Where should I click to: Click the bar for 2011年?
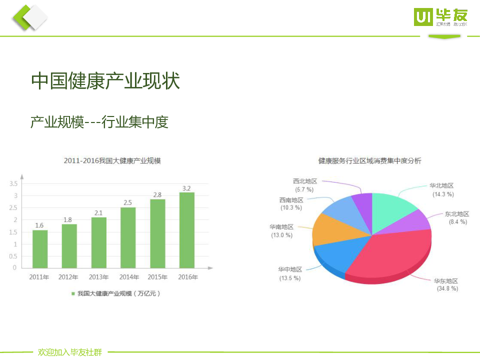coord(40,248)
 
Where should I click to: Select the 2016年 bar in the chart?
coord(187,230)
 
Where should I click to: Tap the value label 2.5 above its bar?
coord(127,202)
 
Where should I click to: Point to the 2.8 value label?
coord(157,194)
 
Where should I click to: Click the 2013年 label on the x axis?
coord(98,277)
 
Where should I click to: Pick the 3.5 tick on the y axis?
coord(13,183)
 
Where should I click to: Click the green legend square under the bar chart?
coord(72,293)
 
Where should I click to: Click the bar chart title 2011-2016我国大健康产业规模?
coord(112,161)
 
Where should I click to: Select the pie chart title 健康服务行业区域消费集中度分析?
coord(370,161)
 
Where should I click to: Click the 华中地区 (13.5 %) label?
coord(290,273)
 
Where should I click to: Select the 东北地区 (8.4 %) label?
coord(457,217)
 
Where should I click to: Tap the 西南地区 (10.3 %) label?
coord(291,203)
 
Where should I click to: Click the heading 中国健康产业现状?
coord(105,81)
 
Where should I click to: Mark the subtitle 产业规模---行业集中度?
coord(99,121)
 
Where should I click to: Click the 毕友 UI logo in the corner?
coord(440,17)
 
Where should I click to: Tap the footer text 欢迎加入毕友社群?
coord(70,352)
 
